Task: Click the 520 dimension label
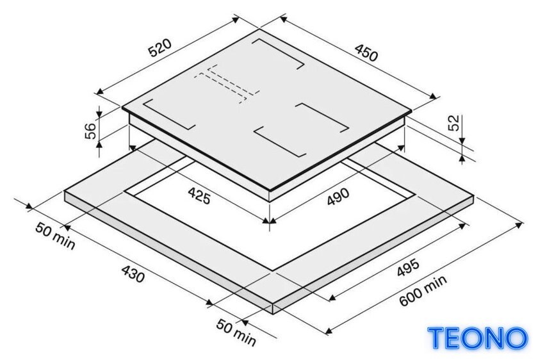point(159,47)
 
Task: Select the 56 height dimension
point(90,131)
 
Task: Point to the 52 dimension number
point(453,123)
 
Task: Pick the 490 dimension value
point(338,197)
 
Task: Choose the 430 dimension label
point(133,274)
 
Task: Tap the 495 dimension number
point(408,267)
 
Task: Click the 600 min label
point(423,290)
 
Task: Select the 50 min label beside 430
point(55,236)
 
